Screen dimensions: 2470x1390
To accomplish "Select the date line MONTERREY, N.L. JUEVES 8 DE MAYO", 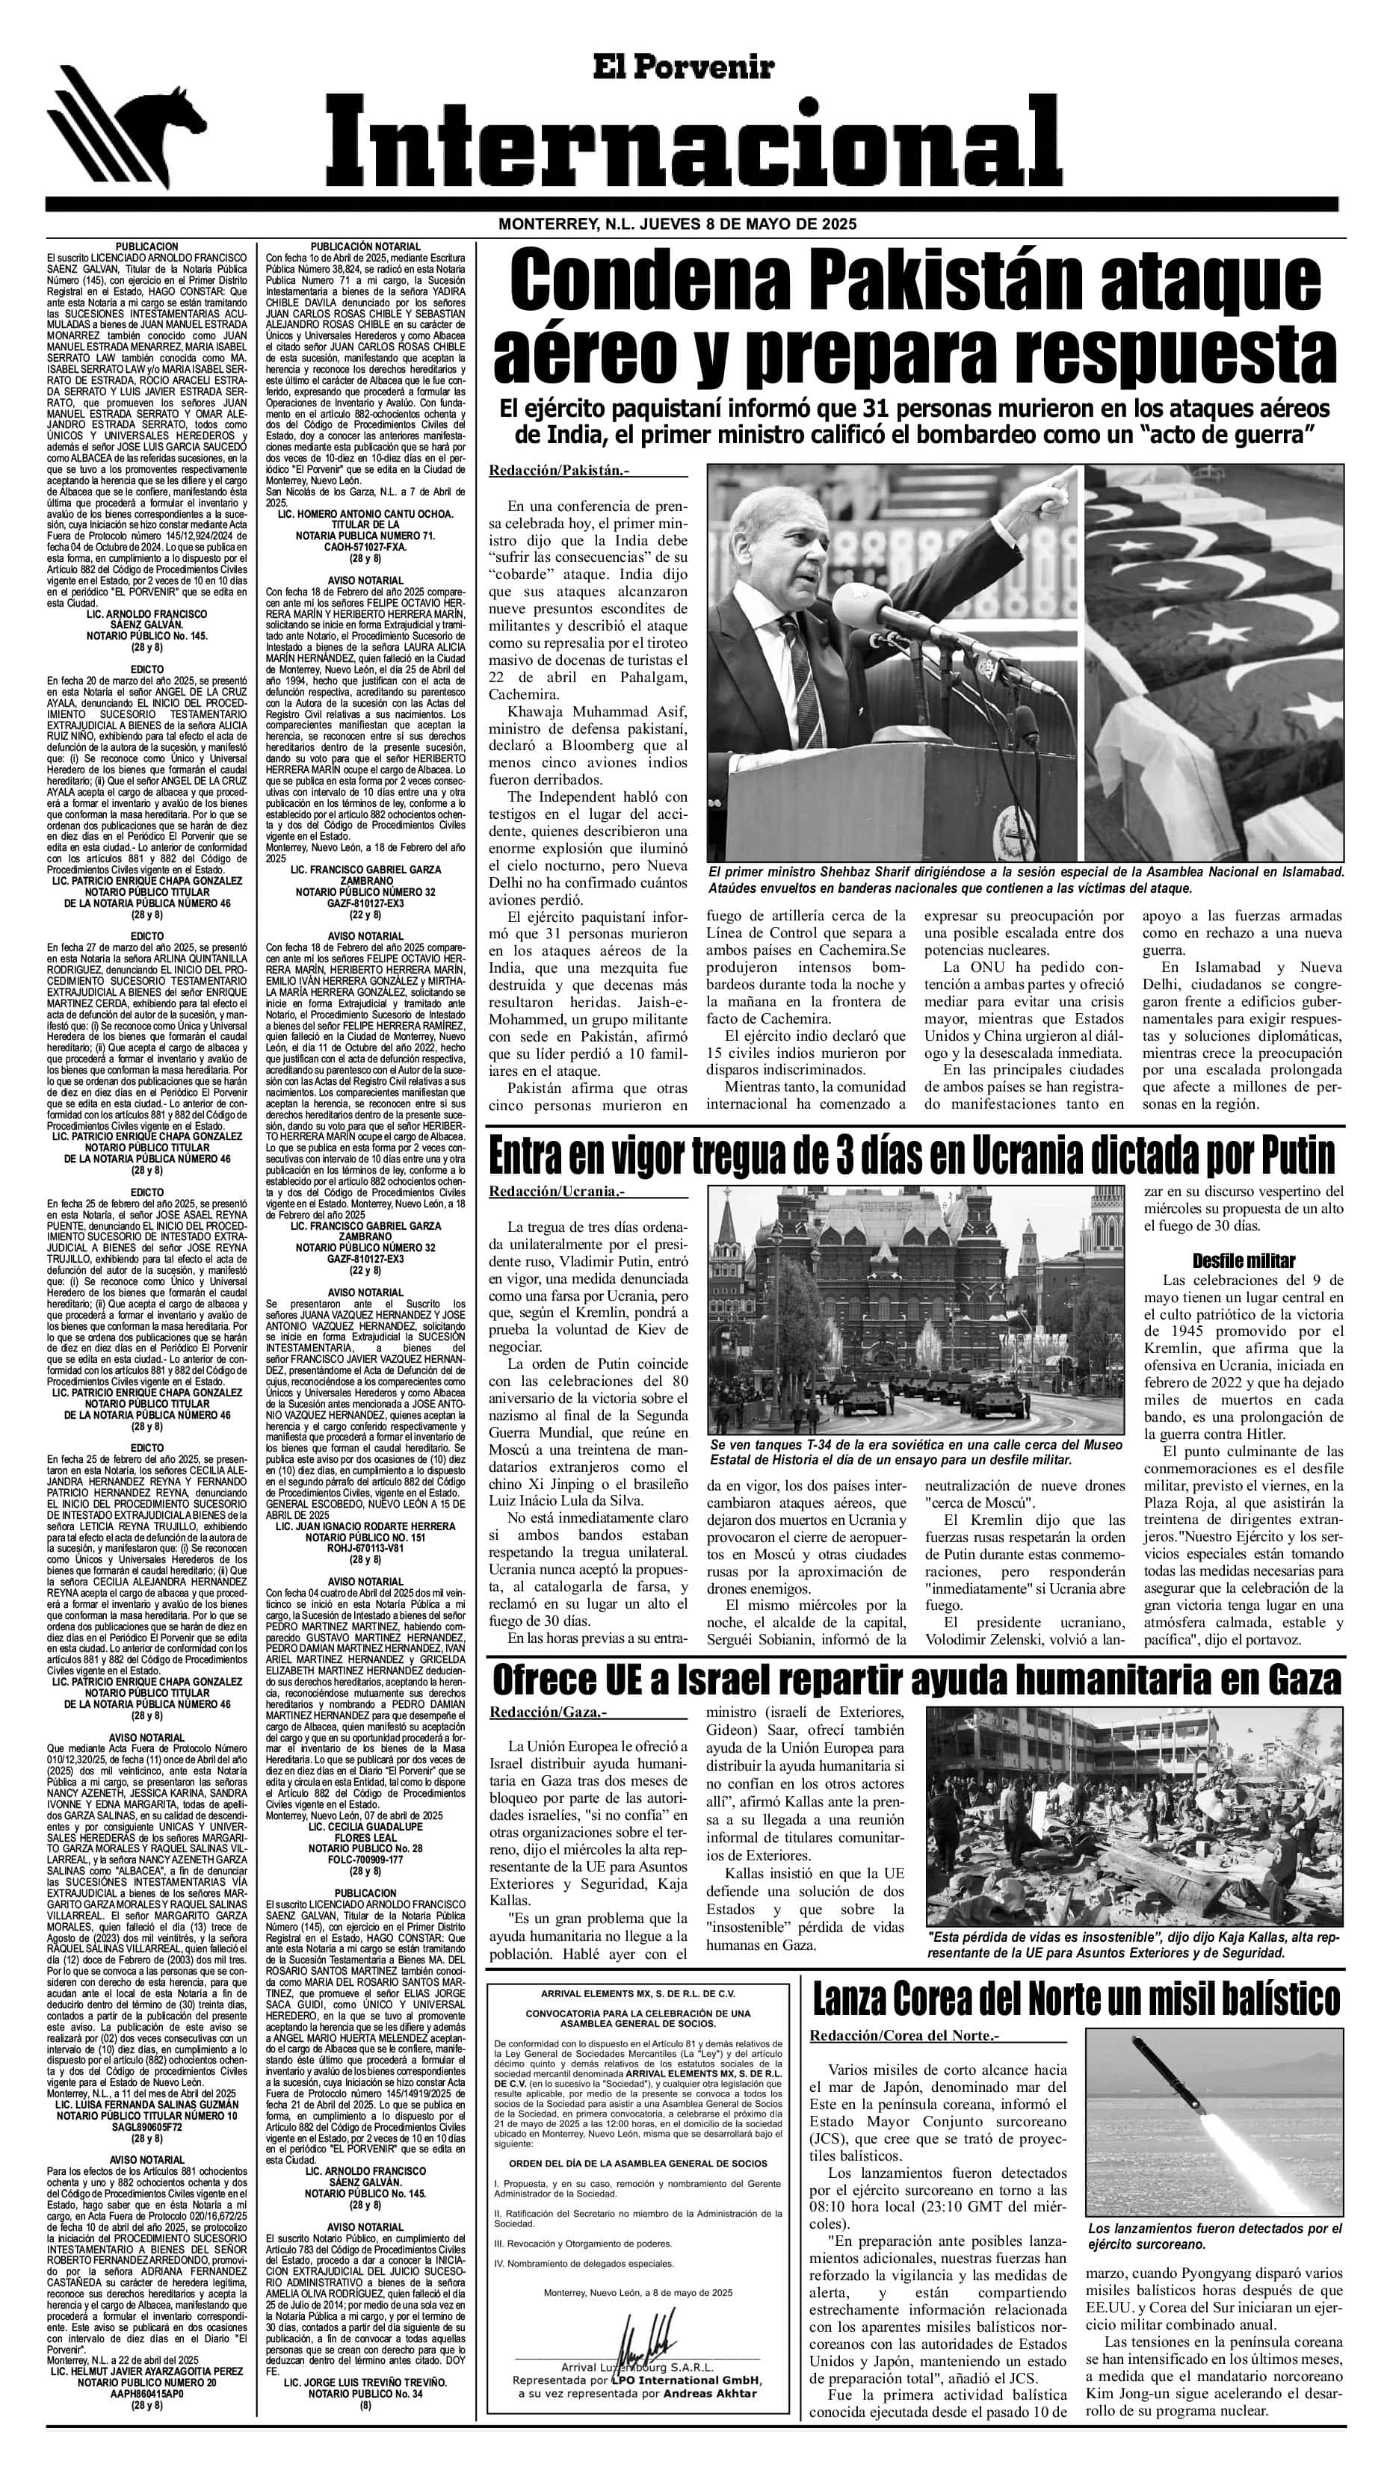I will click(x=676, y=224).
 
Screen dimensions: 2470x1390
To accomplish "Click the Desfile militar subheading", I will click(x=1244, y=1260).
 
